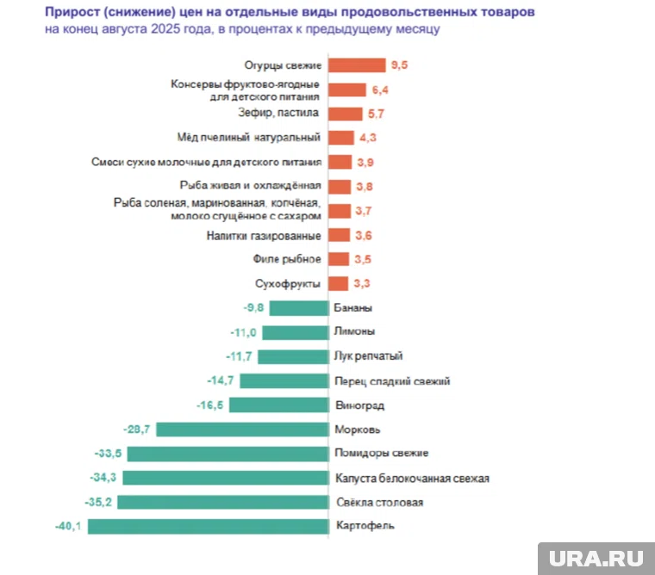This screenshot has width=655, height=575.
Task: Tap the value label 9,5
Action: click(x=399, y=65)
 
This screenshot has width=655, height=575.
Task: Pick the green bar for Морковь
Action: click(x=242, y=430)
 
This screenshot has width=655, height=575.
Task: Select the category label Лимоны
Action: click(x=353, y=331)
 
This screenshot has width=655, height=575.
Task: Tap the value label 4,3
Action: click(x=368, y=138)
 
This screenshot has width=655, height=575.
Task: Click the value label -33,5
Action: click(x=109, y=454)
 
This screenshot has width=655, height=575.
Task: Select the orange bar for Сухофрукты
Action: click(x=338, y=283)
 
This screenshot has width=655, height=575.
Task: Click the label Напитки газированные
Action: click(x=264, y=235)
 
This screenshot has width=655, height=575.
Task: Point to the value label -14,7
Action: click(x=221, y=380)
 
